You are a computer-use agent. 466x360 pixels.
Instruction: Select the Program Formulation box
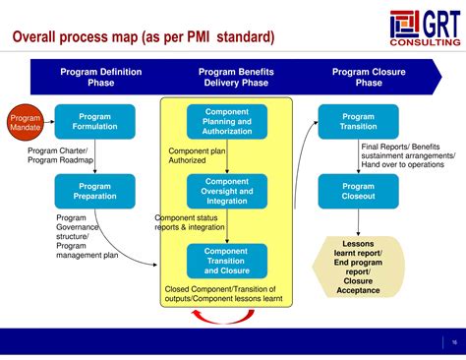[x=94, y=122]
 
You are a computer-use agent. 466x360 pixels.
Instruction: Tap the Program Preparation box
[x=94, y=191]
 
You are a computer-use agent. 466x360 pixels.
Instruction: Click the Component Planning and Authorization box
[x=225, y=122]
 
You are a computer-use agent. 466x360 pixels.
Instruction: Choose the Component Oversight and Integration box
[x=225, y=191]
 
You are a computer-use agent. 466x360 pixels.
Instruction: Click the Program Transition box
[x=358, y=122]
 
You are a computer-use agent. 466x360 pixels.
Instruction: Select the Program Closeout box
[x=358, y=191]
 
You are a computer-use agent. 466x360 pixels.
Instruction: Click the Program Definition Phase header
[x=100, y=78]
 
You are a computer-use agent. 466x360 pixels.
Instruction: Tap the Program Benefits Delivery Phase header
[x=236, y=78]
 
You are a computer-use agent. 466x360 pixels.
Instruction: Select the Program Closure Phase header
[x=369, y=78]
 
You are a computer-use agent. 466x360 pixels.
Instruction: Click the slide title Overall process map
[x=143, y=37]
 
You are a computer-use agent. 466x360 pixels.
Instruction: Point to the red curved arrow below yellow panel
[x=225, y=316]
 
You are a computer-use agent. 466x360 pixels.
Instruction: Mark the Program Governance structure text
[x=79, y=236]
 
